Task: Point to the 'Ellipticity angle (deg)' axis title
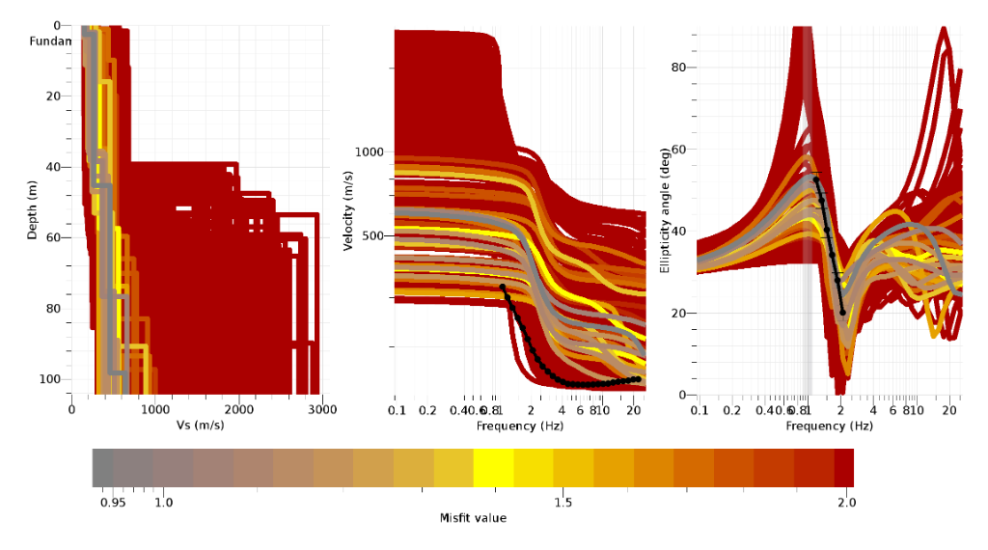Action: pos(665,210)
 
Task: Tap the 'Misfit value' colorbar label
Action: pos(473,518)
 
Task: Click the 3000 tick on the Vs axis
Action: pos(322,409)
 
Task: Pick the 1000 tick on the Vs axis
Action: pos(155,409)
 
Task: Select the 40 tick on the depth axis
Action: pos(54,167)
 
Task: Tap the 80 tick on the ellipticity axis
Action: pos(678,68)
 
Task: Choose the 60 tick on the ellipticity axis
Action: pos(678,150)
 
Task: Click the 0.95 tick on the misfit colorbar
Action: pos(113,503)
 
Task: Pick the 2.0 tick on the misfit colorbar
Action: pos(845,503)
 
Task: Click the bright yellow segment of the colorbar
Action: pos(493,467)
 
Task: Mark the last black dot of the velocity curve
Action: pos(638,378)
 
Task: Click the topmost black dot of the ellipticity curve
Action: pos(816,179)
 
